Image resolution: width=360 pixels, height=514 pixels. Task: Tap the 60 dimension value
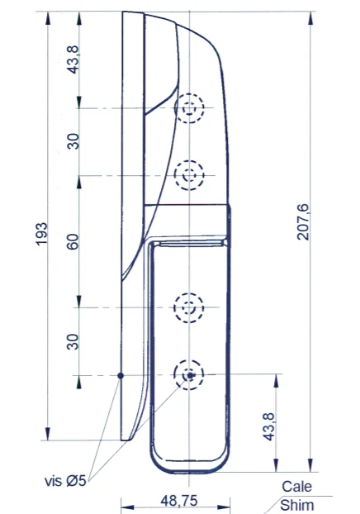click(73, 241)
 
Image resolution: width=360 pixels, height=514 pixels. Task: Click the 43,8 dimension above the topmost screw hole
click(73, 59)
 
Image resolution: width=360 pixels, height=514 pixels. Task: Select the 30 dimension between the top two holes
click(73, 141)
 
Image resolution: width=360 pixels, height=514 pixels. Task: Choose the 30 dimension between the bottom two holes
click(73, 340)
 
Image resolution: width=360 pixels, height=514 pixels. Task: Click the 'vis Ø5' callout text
click(67, 480)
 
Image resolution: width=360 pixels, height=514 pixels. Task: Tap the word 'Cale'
click(296, 487)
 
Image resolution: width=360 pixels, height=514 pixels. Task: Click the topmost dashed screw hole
click(190, 108)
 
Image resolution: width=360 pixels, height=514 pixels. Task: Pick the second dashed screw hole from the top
click(190, 174)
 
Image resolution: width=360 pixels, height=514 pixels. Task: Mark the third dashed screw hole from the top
click(190, 307)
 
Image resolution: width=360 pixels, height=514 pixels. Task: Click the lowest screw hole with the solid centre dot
click(190, 375)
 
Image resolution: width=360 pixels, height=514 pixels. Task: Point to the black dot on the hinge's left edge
click(121, 375)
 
